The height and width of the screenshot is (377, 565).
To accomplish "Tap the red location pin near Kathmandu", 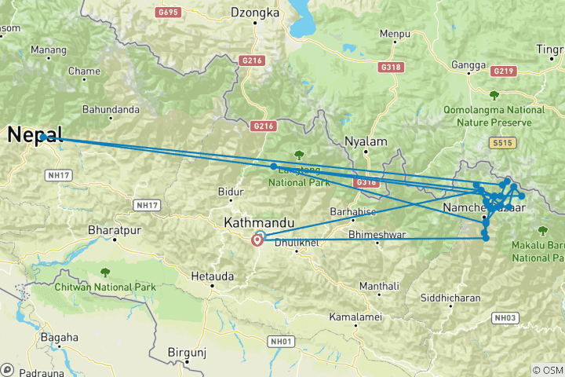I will pos(257,240).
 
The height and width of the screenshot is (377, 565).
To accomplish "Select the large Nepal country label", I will pos(35,135).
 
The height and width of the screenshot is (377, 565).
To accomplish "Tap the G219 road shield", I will pos(503,71).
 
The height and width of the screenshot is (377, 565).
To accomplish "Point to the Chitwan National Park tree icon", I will pos(104,273).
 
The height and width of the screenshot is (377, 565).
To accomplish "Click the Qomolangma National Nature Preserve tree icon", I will pos(493,97).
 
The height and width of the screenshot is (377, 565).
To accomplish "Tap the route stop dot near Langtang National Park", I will pos(273,166).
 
